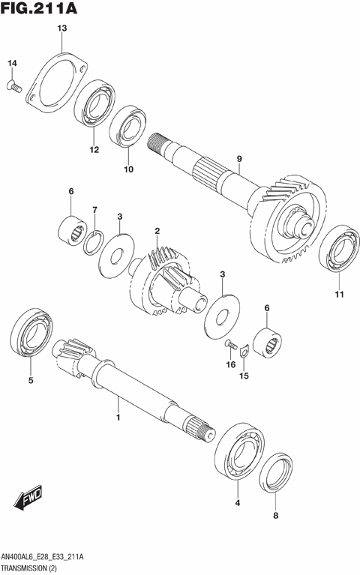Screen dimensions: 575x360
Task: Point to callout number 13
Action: click(61, 28)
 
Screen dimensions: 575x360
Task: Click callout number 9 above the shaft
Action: click(239, 159)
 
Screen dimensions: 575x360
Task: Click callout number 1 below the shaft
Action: click(117, 415)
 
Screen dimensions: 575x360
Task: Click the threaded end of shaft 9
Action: click(159, 143)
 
